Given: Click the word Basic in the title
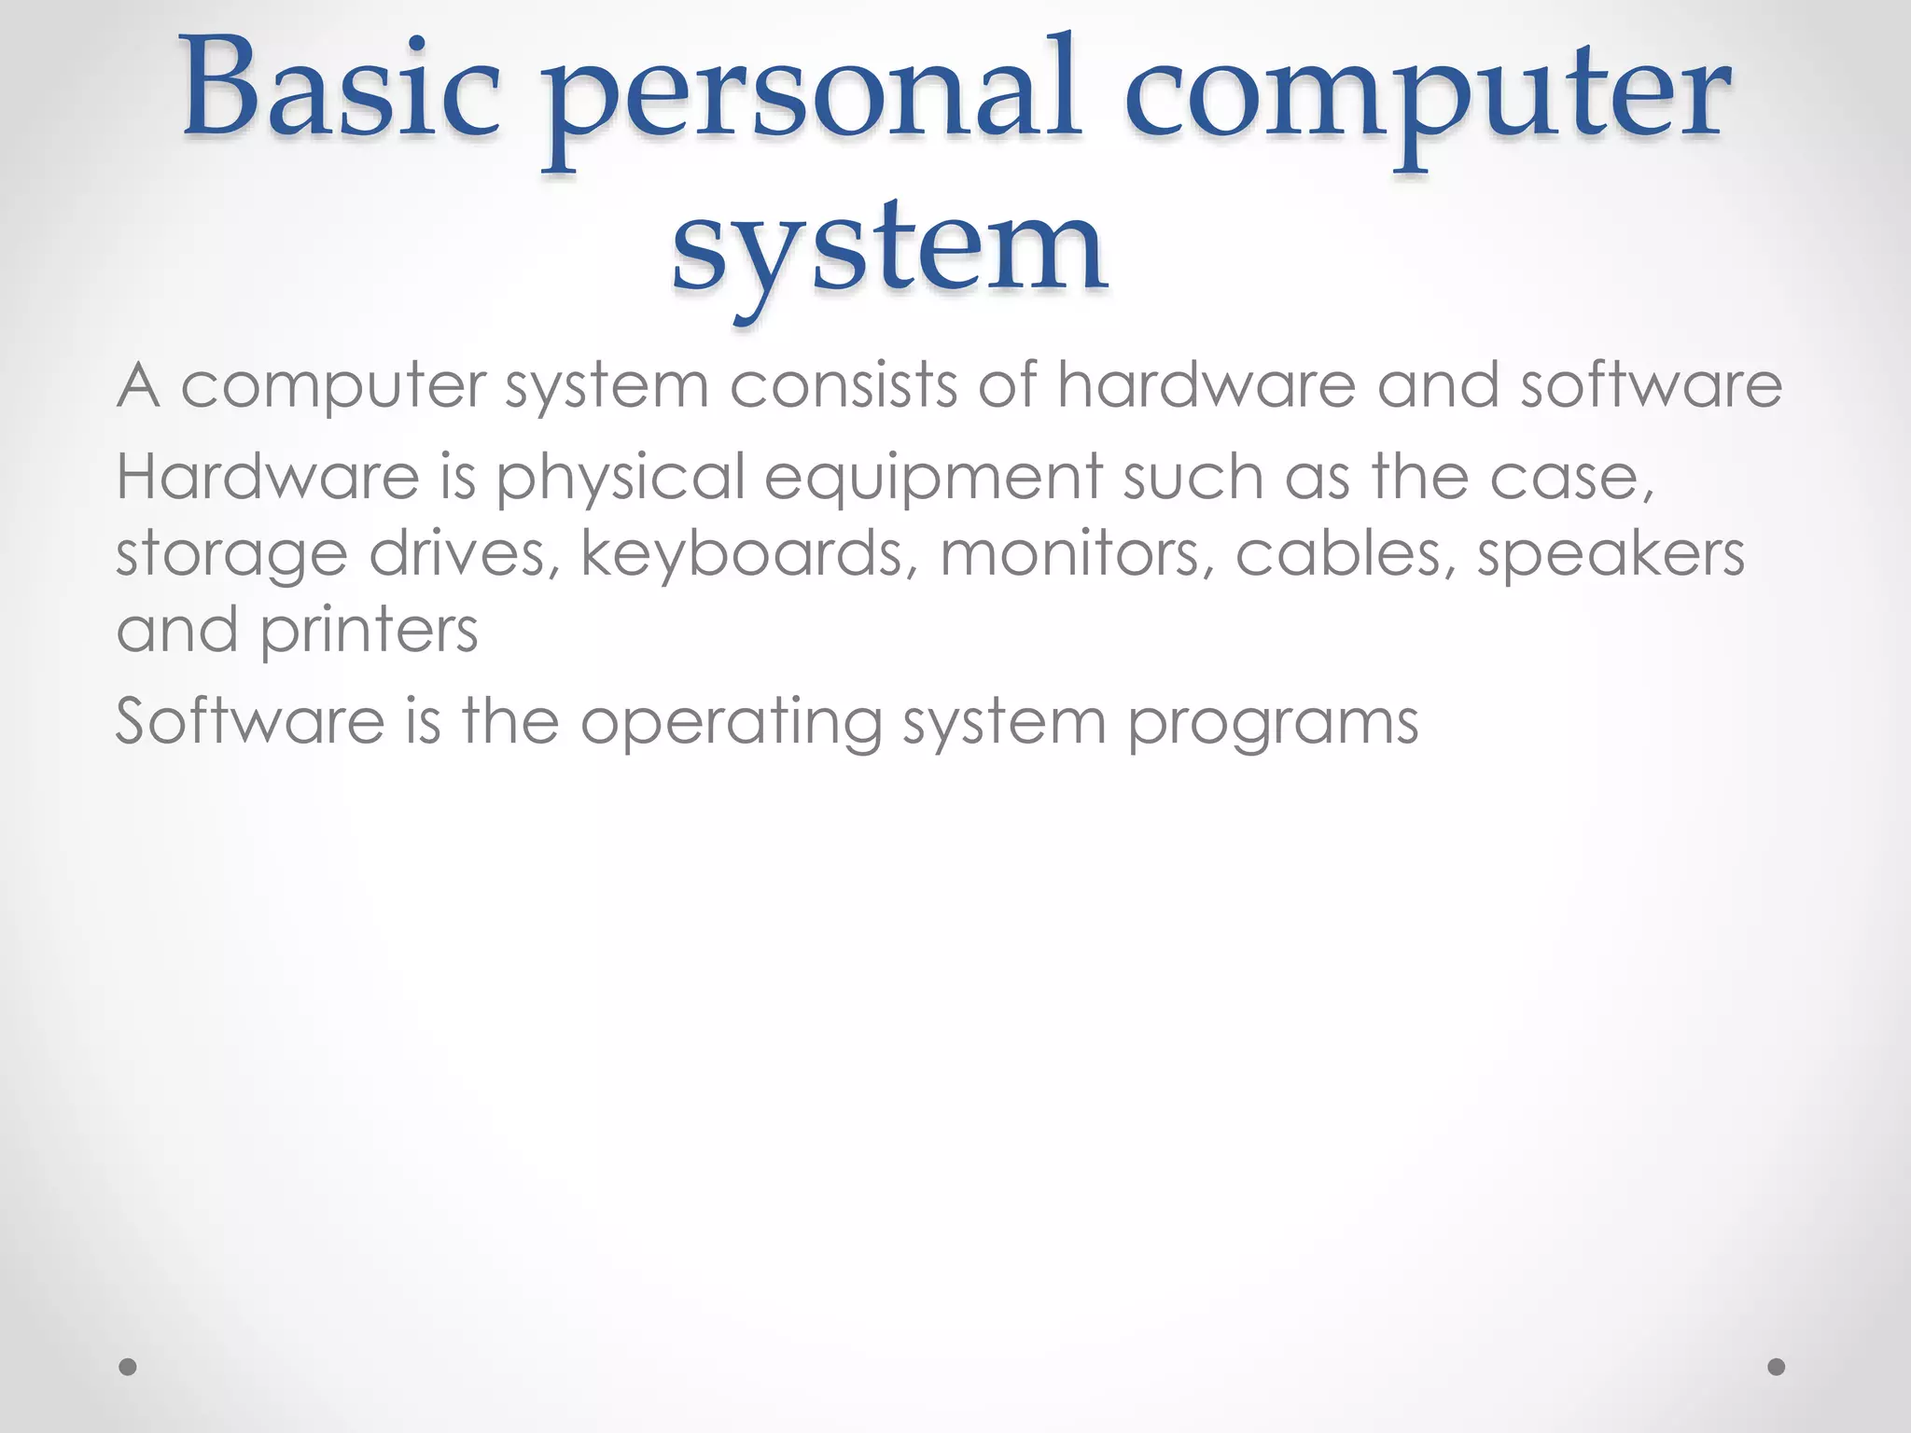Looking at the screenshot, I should pos(342,93).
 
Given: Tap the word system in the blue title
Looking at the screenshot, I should pos(890,248).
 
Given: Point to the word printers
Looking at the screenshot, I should pos(369,632).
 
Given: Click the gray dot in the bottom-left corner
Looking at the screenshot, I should pos(129,1367).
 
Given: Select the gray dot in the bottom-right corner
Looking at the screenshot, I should pos(1777,1367).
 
